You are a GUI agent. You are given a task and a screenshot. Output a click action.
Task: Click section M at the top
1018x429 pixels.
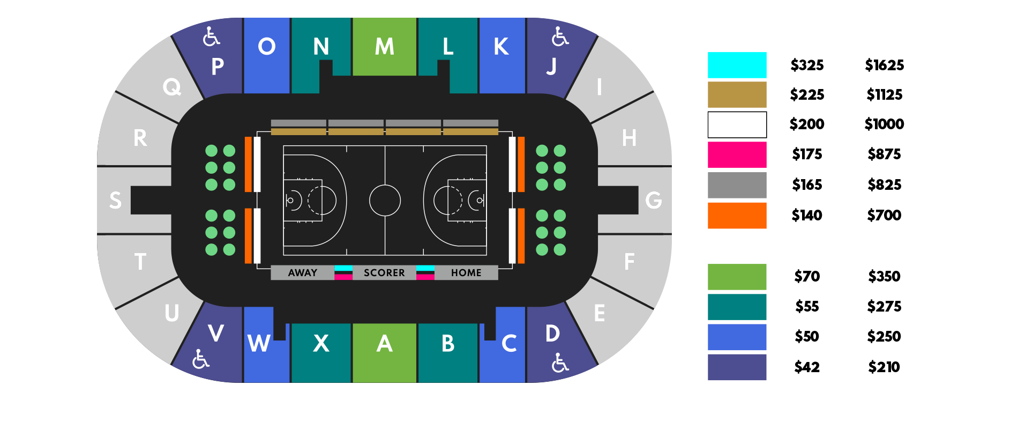[384, 47]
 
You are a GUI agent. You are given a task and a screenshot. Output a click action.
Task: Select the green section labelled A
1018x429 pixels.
[384, 352]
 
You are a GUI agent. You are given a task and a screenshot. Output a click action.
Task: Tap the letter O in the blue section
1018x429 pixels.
[267, 47]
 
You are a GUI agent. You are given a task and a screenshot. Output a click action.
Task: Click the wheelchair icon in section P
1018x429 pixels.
[211, 37]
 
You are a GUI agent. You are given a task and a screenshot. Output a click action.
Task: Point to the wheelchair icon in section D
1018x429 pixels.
[560, 363]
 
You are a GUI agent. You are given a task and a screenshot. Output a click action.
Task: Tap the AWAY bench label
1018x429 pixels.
[303, 273]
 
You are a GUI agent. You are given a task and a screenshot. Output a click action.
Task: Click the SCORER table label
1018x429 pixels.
[384, 273]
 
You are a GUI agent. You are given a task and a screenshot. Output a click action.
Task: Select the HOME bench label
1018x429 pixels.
[466, 273]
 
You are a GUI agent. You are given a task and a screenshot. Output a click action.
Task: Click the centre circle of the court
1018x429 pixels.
[385, 201]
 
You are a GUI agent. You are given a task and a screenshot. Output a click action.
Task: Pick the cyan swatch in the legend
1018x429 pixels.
[737, 65]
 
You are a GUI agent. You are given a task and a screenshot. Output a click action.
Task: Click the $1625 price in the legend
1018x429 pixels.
[884, 65]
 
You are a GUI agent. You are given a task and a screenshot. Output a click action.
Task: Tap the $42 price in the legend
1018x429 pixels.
[807, 367]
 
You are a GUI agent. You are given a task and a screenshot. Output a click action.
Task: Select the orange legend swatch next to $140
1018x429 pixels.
[737, 216]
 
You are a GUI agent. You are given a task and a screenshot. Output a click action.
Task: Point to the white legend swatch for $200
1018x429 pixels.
[737, 124]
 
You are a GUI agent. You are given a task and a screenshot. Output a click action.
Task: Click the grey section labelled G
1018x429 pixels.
[651, 200]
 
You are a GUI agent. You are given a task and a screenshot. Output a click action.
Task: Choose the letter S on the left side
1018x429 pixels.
[115, 201]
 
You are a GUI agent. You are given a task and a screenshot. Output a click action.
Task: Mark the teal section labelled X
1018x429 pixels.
[321, 352]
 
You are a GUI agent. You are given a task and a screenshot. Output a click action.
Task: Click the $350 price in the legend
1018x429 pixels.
[884, 277]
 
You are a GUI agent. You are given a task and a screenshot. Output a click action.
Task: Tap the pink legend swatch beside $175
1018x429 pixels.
[737, 155]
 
